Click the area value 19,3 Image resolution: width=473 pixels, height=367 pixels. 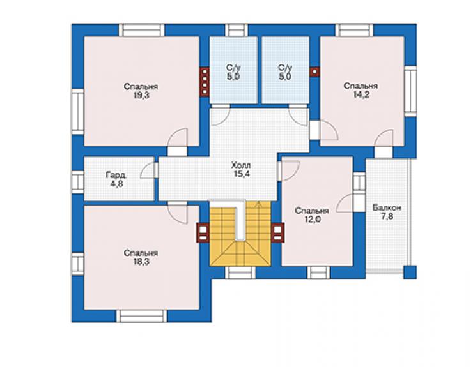pyautogui.click(x=141, y=96)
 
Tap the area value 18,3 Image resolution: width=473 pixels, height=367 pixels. pyautogui.click(x=141, y=262)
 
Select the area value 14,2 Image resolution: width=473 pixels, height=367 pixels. pyautogui.click(x=361, y=95)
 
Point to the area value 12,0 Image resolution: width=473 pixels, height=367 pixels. pyautogui.click(x=312, y=220)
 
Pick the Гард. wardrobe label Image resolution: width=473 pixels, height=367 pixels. pyautogui.click(x=116, y=175)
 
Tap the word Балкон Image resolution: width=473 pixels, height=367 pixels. pyautogui.click(x=387, y=207)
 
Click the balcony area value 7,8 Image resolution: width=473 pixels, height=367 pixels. pyautogui.click(x=387, y=216)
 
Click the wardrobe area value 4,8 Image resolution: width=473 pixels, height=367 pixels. pyautogui.click(x=116, y=184)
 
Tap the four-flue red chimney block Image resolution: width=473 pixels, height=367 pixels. pyautogui.click(x=205, y=81)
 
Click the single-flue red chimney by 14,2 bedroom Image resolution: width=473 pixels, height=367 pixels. pyautogui.click(x=315, y=72)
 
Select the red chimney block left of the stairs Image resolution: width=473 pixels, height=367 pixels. pyautogui.click(x=203, y=232)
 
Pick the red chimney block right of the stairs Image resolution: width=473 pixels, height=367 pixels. pyautogui.click(x=277, y=232)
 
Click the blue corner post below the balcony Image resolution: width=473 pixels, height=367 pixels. pyautogui.click(x=410, y=272)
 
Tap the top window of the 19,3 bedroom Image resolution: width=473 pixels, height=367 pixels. pyautogui.click(x=141, y=30)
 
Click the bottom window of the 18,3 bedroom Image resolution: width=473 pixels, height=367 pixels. pyautogui.click(x=141, y=316)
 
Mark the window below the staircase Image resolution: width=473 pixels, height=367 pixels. pyautogui.click(x=240, y=273)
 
